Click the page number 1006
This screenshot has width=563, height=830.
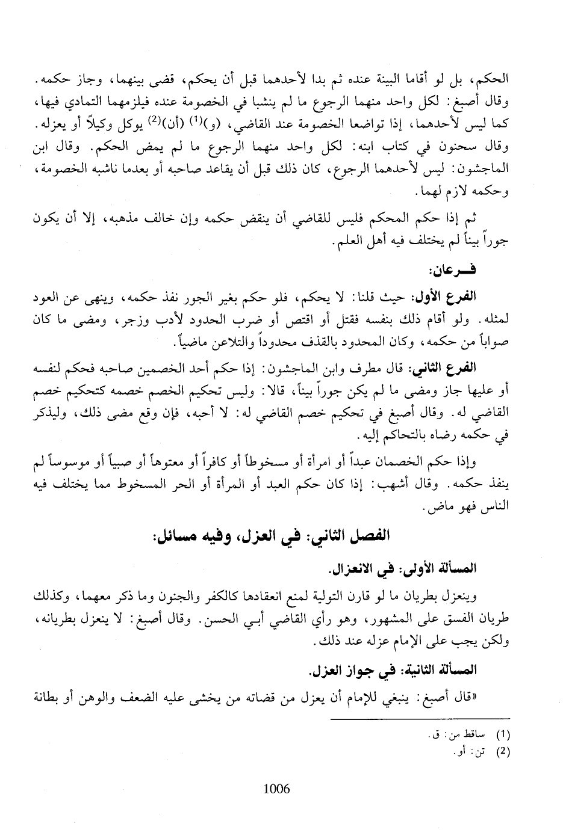276,788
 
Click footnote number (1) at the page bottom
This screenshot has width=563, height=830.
503,734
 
